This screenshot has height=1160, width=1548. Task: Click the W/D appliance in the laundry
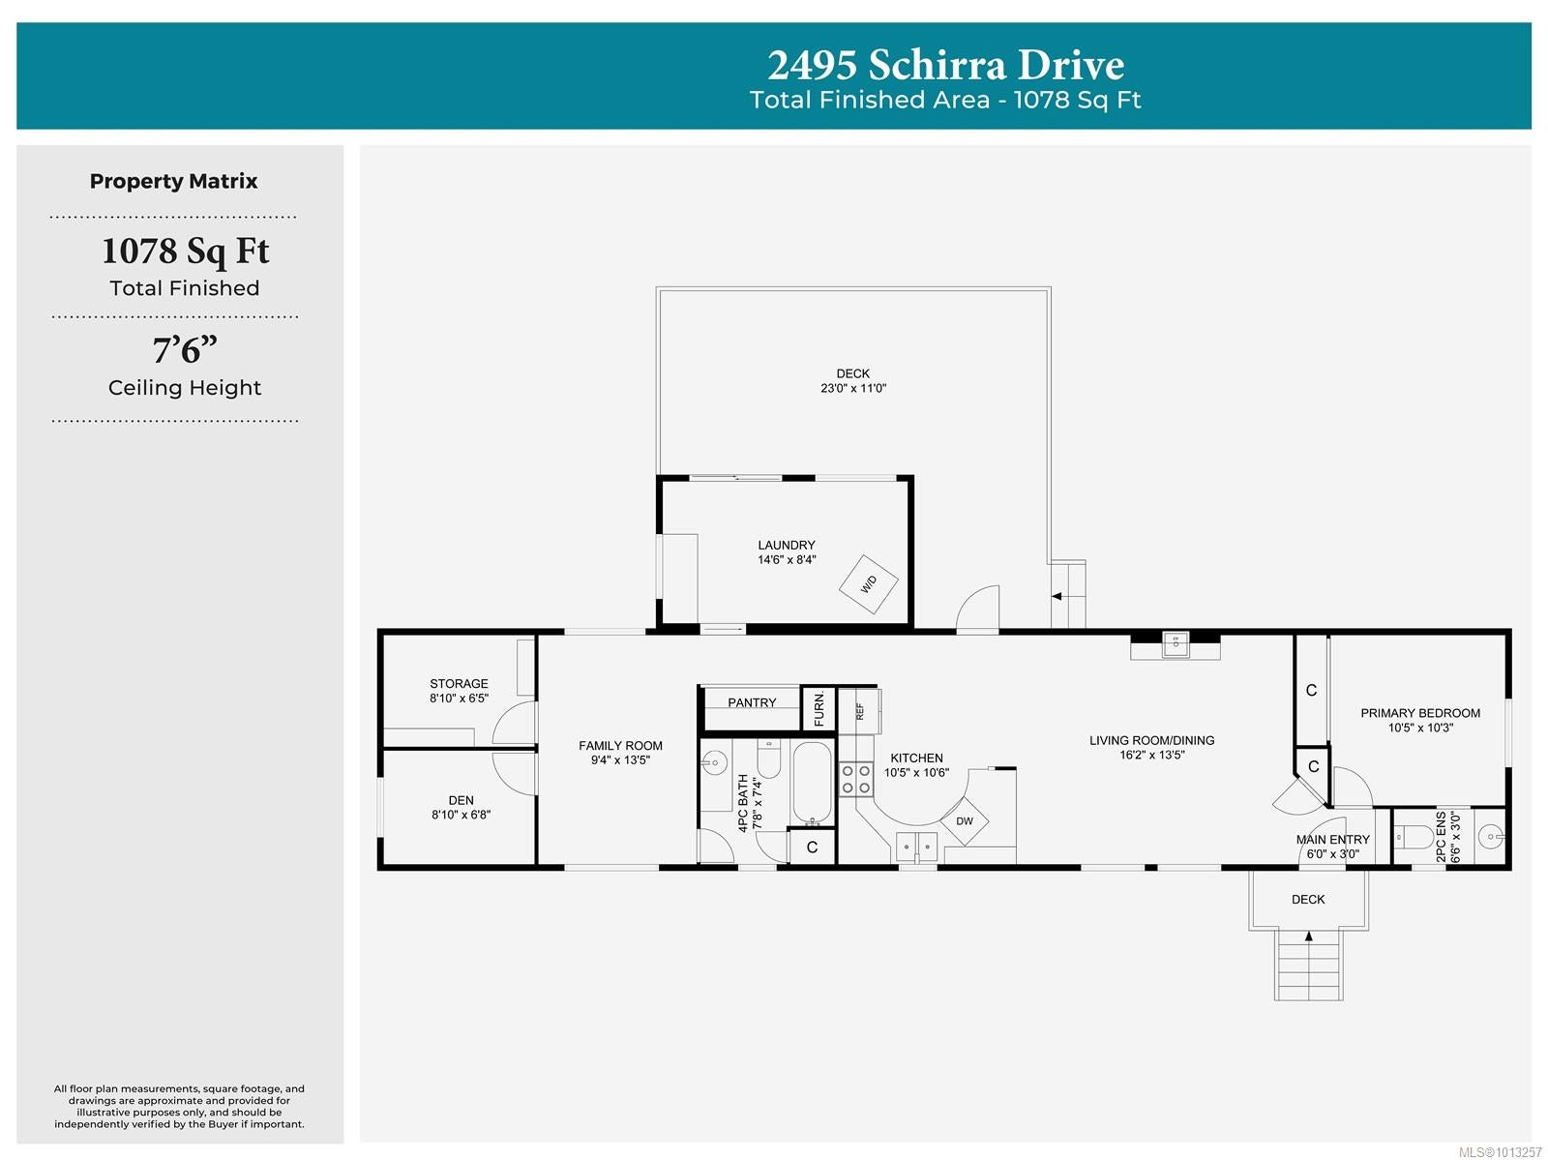coord(868,584)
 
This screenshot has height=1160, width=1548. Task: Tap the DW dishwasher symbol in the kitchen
coord(964,820)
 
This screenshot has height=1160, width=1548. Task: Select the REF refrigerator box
coord(859,711)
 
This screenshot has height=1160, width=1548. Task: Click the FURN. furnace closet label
coord(819,709)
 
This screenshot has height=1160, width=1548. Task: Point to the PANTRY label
coord(752,702)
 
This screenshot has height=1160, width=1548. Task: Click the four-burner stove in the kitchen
coord(855,779)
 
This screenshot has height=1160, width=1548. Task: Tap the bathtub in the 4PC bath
coord(812,783)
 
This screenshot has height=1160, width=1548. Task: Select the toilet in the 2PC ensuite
coord(1414,838)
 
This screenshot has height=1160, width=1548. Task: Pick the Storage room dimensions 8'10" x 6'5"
coord(460,699)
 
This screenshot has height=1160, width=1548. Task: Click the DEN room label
coord(461,800)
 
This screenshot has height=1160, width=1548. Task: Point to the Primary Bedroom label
coord(1420,713)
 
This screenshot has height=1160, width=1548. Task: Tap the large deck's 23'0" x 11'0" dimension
coord(853,388)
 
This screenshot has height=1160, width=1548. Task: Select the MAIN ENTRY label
coord(1333,840)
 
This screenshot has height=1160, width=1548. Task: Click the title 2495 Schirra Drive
coord(945,66)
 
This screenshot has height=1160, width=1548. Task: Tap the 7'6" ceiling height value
coord(185,350)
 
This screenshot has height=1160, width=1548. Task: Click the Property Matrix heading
coord(173,181)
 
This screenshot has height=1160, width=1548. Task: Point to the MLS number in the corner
coord(1500,1152)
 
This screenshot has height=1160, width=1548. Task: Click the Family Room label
coord(620,745)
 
